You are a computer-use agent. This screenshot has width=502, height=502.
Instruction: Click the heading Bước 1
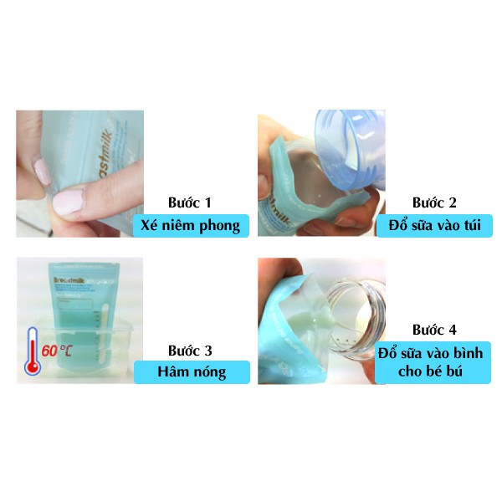point(191,202)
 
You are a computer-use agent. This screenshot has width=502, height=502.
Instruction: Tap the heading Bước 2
point(434,202)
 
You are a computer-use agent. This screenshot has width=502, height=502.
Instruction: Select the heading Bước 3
point(191,349)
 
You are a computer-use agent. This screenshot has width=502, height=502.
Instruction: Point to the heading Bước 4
point(434,330)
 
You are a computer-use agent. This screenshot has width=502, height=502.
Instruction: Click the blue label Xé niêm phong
point(194,224)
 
